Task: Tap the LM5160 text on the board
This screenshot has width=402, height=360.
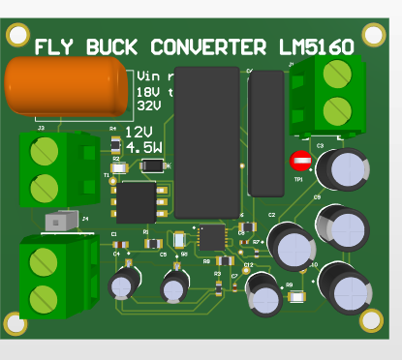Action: [316, 46]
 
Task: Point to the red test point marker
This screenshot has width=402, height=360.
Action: [301, 161]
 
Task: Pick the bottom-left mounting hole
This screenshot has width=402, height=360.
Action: [14, 321]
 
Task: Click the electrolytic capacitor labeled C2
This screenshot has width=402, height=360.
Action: [290, 244]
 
